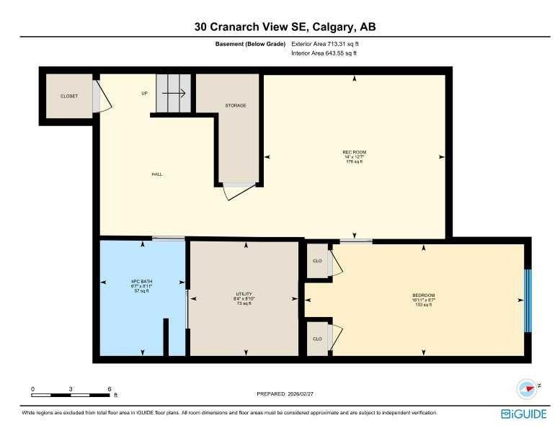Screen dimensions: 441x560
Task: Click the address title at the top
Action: click(x=285, y=27)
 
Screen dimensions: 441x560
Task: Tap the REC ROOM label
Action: click(x=354, y=152)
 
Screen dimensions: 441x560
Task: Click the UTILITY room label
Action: click(x=244, y=295)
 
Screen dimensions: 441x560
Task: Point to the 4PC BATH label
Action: click(x=141, y=281)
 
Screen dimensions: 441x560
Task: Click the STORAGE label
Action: click(x=236, y=106)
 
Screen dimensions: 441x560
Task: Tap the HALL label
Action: click(x=156, y=174)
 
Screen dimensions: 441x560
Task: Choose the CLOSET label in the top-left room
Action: click(x=69, y=96)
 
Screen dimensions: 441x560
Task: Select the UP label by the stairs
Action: click(x=144, y=94)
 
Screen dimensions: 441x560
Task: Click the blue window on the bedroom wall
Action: click(x=528, y=300)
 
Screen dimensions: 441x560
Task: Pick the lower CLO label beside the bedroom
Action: click(x=316, y=338)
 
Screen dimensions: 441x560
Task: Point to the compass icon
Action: click(x=528, y=388)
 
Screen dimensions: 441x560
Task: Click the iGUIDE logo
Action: click(x=523, y=414)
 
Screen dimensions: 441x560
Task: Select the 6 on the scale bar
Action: click(x=109, y=389)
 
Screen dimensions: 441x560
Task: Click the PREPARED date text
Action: click(x=285, y=393)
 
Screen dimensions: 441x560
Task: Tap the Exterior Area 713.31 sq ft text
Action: click(x=324, y=44)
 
